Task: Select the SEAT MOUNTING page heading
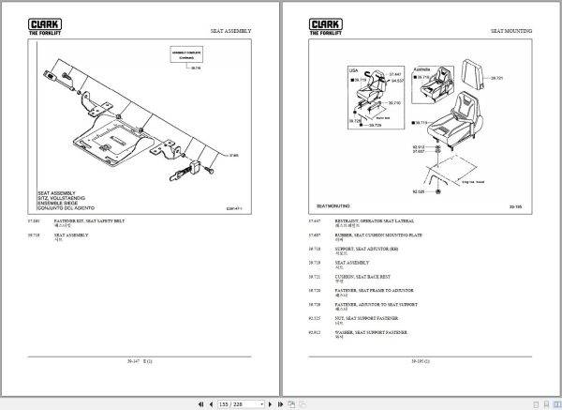click(510, 31)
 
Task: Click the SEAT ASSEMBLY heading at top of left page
click(230, 31)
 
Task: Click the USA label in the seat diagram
click(353, 69)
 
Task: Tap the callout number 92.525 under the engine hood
click(393, 191)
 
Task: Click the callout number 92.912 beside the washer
click(393, 147)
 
